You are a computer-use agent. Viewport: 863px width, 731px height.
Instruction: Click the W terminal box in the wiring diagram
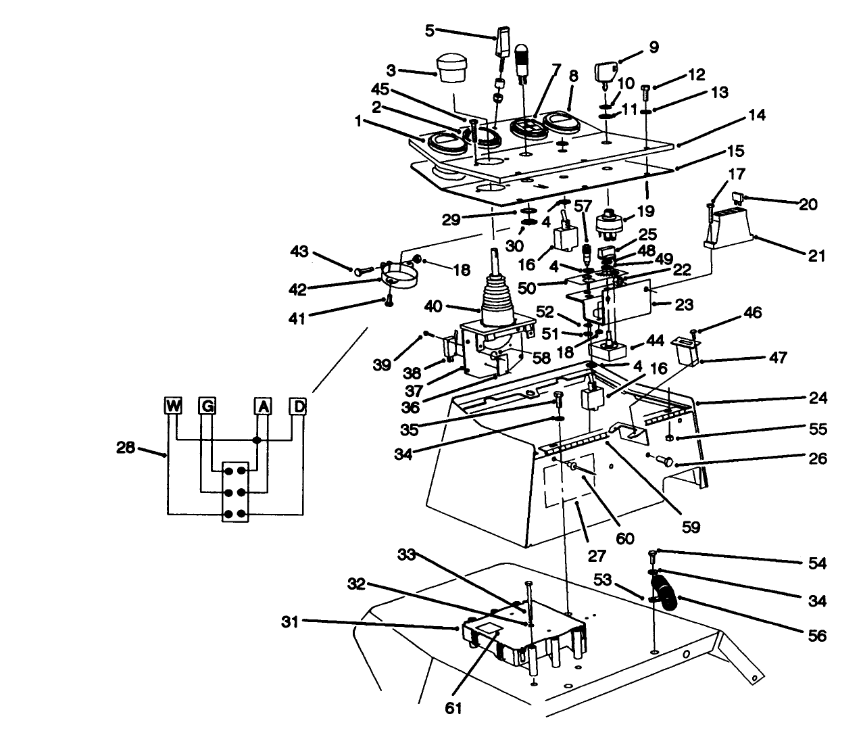pyautogui.click(x=174, y=406)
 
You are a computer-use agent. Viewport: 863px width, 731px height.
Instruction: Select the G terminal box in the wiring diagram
pyautogui.click(x=206, y=406)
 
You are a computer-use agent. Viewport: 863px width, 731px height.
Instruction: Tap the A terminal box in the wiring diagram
pyautogui.click(x=262, y=406)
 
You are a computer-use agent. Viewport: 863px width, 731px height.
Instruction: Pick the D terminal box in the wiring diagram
pyautogui.click(x=297, y=406)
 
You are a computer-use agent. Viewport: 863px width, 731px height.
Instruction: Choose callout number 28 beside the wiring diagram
pyautogui.click(x=126, y=448)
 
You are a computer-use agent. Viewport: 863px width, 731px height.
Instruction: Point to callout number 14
pyautogui.click(x=756, y=116)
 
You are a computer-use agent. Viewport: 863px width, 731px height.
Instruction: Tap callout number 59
pyautogui.click(x=691, y=525)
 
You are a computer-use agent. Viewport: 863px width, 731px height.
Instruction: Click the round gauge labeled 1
pyautogui.click(x=439, y=142)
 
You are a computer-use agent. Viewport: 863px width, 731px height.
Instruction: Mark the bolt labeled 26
pyautogui.click(x=662, y=461)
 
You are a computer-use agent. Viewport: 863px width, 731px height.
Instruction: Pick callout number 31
pyautogui.click(x=291, y=620)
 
